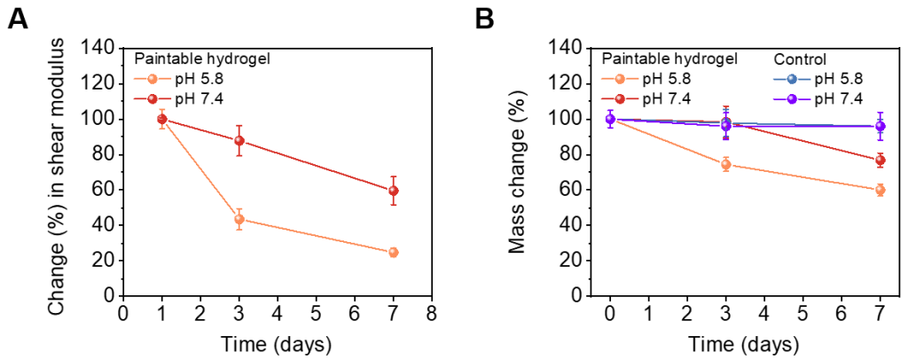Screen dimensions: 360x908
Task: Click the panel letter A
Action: (18, 19)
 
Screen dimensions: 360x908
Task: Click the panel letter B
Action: (486, 19)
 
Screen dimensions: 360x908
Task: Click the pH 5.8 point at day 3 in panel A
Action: (239, 219)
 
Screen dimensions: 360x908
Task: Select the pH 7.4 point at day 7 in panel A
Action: (393, 191)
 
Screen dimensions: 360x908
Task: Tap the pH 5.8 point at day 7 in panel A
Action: (393, 252)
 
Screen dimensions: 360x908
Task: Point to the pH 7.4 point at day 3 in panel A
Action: (239, 141)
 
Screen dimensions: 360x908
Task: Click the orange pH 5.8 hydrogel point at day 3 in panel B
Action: (725, 165)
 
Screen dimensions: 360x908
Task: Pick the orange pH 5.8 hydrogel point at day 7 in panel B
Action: (880, 190)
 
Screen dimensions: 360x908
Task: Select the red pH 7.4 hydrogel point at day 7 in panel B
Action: (880, 160)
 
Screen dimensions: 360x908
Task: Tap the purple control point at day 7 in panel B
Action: (880, 127)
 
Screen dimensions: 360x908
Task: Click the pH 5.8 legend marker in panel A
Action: (152, 79)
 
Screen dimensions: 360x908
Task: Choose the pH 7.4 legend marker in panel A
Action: (152, 99)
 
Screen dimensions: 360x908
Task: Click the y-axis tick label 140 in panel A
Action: (99, 48)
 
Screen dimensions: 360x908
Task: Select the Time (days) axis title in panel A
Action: (277, 343)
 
